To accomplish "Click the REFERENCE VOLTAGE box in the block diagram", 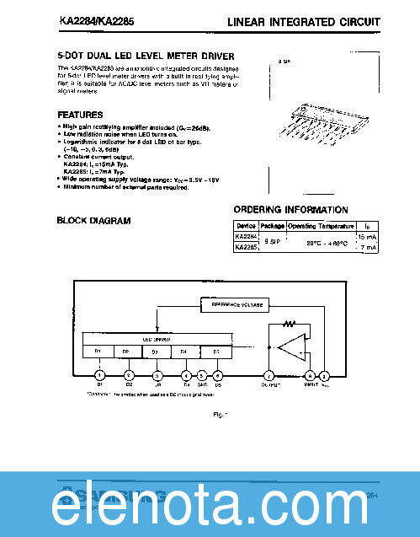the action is tap(237, 304).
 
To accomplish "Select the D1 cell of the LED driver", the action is tap(97, 351).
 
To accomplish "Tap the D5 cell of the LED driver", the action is tap(215, 351).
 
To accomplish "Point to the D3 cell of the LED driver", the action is tap(155, 351).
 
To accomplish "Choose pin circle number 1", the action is tap(99, 375).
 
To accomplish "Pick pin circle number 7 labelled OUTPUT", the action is tap(268, 376).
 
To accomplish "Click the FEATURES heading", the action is tap(80, 114).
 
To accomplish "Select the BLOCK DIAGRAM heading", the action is tap(93, 221).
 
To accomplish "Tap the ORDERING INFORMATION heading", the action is tap(290, 210).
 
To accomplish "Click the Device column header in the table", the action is tap(247, 226).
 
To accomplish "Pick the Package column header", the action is tap(272, 226).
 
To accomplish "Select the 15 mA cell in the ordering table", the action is tap(367, 237).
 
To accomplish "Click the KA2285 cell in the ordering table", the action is tap(247, 248).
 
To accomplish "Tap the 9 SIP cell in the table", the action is tap(272, 242).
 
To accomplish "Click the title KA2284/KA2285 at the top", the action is tap(92, 20).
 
